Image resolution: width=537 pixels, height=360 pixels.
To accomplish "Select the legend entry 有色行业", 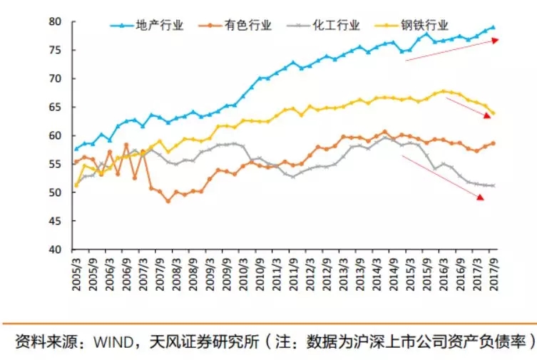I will tap(248, 26).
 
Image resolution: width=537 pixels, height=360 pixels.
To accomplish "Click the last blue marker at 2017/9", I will tap(493, 27).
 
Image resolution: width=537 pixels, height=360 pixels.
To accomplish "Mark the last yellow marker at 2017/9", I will tap(493, 113).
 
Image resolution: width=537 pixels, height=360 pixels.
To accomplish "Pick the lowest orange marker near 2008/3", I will tap(168, 201).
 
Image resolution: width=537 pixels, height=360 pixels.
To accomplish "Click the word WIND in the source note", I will tap(106, 341).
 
